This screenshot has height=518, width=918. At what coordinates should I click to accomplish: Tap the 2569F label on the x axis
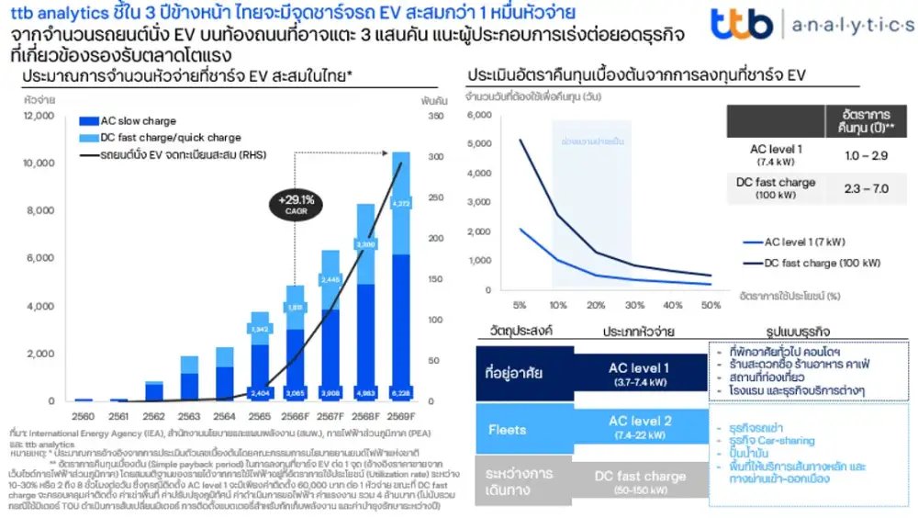400,416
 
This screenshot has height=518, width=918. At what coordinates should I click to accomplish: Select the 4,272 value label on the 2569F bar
400,204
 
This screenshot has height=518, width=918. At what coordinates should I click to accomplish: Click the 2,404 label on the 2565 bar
260,393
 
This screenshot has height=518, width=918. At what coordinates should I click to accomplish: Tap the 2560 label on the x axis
84,416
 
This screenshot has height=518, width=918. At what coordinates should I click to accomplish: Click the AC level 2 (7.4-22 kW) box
640,427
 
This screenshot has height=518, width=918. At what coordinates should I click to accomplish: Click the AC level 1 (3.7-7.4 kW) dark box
640,374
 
